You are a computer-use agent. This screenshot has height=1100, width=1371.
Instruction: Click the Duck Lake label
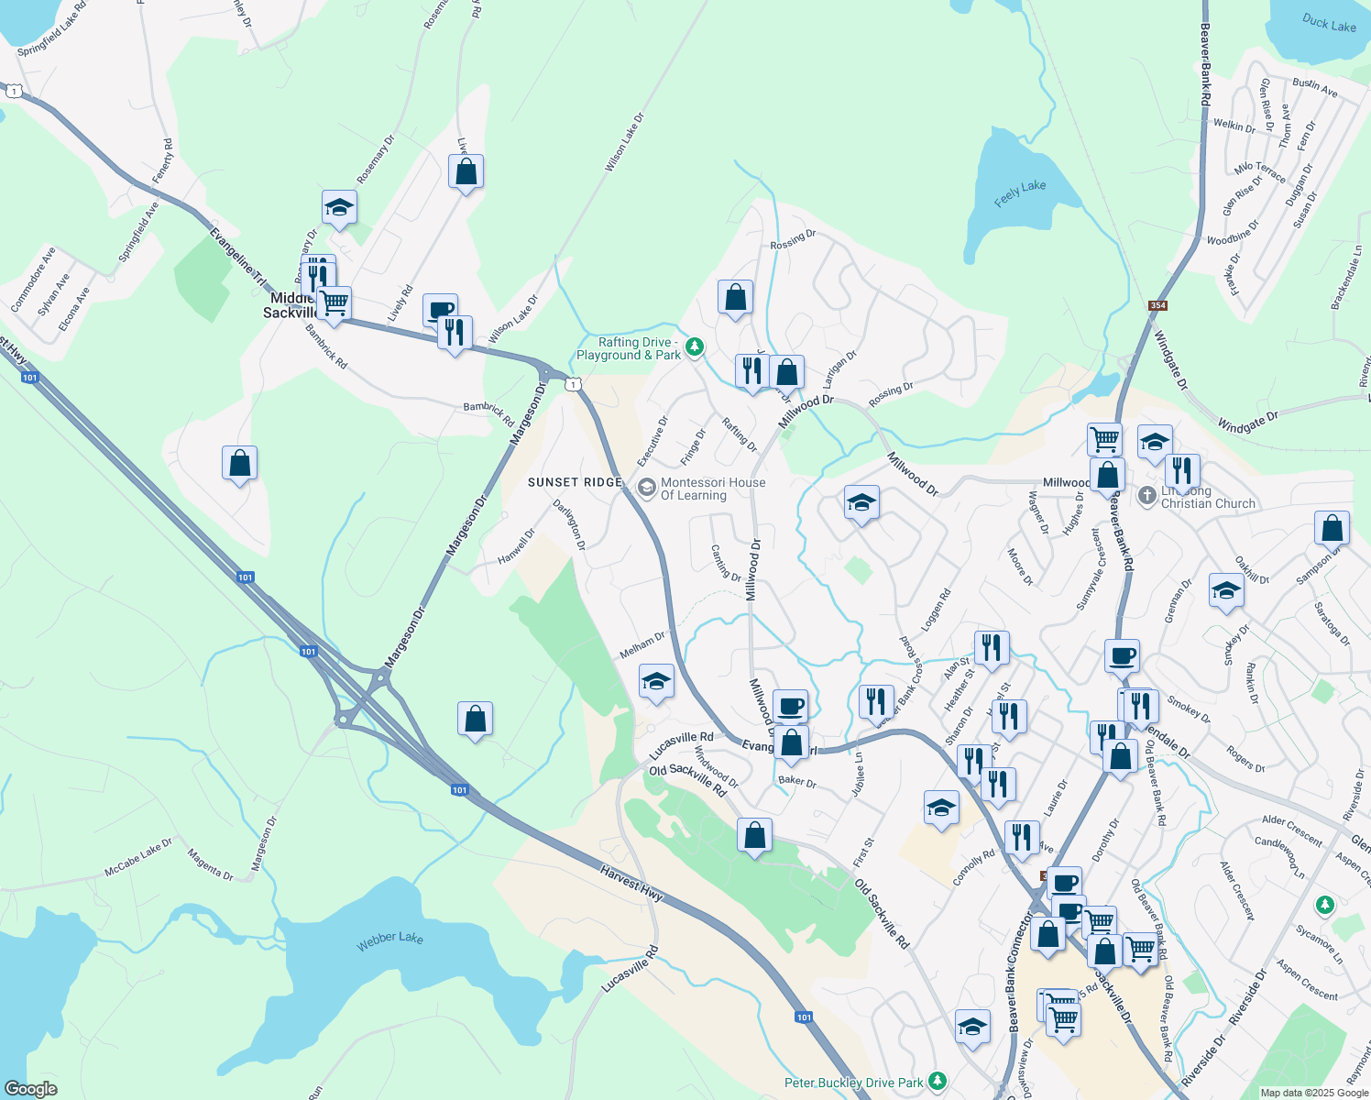click(1329, 23)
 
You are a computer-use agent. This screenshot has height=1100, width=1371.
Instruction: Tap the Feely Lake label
click(1020, 193)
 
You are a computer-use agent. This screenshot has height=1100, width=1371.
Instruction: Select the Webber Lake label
click(389, 940)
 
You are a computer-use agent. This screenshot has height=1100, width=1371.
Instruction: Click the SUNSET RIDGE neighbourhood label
click(575, 482)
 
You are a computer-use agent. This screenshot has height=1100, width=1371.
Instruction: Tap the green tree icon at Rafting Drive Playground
click(695, 346)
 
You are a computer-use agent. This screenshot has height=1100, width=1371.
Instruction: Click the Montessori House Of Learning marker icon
click(646, 487)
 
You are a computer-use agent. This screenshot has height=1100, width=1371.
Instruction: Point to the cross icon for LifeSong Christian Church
click(1146, 496)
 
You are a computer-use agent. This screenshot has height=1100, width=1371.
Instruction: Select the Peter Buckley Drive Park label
click(853, 1083)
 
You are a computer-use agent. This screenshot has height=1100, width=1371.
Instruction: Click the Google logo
click(30, 1089)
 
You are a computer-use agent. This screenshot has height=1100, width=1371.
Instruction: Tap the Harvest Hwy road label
click(632, 883)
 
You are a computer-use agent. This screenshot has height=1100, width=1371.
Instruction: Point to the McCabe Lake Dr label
click(137, 856)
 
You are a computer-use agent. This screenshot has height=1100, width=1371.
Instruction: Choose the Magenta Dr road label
click(210, 865)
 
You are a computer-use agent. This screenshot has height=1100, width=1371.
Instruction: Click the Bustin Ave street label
click(1315, 87)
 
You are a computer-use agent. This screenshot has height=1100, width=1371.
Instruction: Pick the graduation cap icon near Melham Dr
click(655, 681)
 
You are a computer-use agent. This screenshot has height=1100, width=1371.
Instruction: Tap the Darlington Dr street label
click(568, 524)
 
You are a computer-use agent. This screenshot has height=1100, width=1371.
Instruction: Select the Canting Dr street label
click(726, 563)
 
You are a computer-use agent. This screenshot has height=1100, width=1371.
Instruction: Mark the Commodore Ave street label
click(33, 280)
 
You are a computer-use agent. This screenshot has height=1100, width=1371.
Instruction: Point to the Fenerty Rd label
click(163, 160)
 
